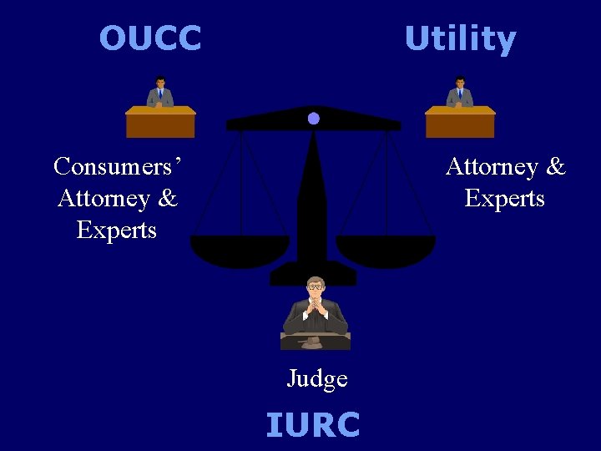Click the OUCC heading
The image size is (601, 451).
click(150, 38)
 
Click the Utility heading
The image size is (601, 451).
click(460, 39)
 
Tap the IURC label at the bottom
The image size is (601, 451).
click(313, 424)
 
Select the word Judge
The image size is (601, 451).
click(317, 378)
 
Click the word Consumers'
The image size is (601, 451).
click(118, 166)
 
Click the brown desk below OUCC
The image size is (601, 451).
click(160, 124)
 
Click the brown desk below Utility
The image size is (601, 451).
click(460, 124)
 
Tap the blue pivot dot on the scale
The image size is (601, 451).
click(313, 119)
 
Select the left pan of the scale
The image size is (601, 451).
click(240, 249)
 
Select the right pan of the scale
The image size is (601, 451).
click(386, 249)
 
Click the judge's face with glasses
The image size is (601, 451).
click(316, 288)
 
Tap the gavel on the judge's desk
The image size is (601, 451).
click(311, 342)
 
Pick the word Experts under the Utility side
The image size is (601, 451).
click(505, 199)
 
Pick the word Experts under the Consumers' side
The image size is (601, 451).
click(117, 231)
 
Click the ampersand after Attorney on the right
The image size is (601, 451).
click(556, 167)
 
